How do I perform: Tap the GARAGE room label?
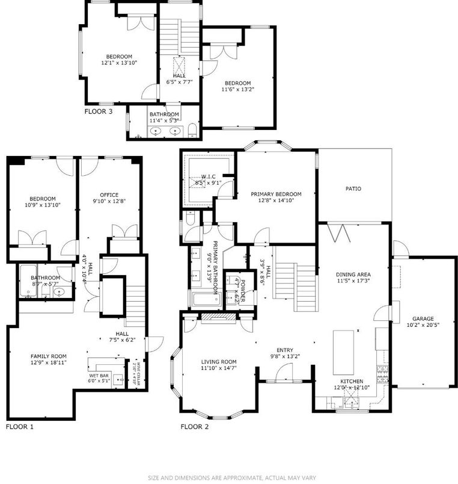[423, 318]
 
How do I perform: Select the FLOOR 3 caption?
[98, 111]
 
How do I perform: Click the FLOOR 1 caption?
[20, 427]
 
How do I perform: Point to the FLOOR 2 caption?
[195, 427]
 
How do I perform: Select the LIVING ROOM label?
[218, 361]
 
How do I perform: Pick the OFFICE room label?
[109, 194]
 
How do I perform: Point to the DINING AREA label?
[353, 274]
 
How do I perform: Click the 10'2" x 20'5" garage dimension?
[423, 326]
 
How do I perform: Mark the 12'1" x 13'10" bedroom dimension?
[119, 63]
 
